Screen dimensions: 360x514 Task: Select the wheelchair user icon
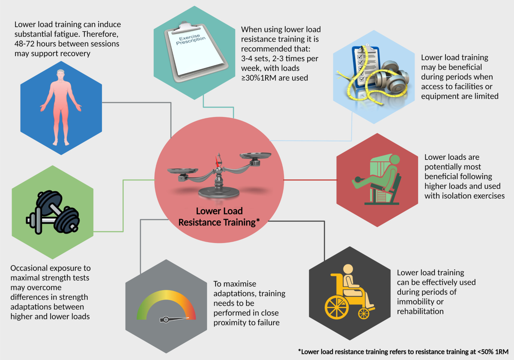[x=349, y=291]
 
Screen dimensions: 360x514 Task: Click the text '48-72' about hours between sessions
[x=24, y=44]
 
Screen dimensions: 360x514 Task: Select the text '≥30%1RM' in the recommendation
[x=259, y=78]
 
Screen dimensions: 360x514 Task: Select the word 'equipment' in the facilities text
[x=441, y=96]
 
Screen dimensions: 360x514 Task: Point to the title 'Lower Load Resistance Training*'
[x=219, y=216]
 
